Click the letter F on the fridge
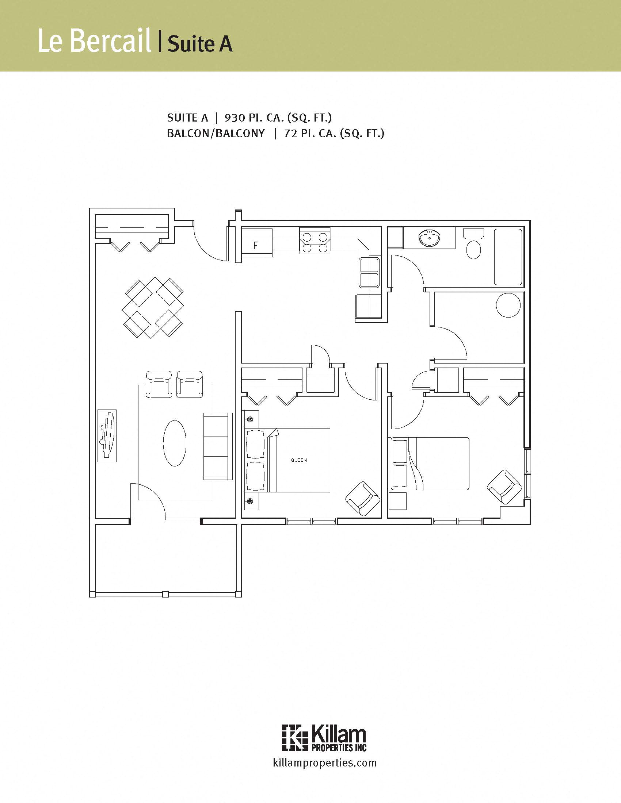point(255,245)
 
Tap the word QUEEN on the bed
point(298,460)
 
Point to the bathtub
point(508,257)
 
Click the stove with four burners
point(315,240)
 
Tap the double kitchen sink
point(369,272)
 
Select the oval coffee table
point(175,443)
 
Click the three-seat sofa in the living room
point(218,446)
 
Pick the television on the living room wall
point(107,435)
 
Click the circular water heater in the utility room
point(508,305)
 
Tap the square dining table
point(154,308)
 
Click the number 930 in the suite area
point(235,118)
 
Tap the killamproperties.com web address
point(324,762)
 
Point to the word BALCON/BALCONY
point(216,133)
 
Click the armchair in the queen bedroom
point(363,499)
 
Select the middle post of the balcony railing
point(165,594)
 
